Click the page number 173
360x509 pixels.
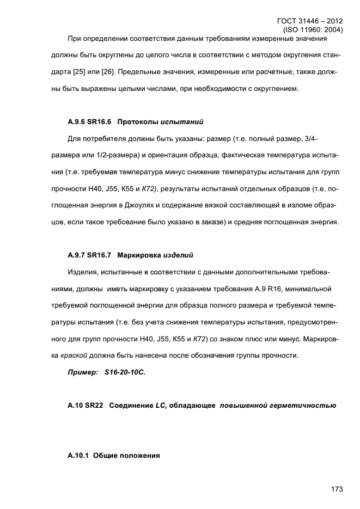[336, 489]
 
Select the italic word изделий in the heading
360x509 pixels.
[177, 255]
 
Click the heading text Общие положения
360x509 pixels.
[127, 456]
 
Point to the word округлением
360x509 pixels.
[273, 89]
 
